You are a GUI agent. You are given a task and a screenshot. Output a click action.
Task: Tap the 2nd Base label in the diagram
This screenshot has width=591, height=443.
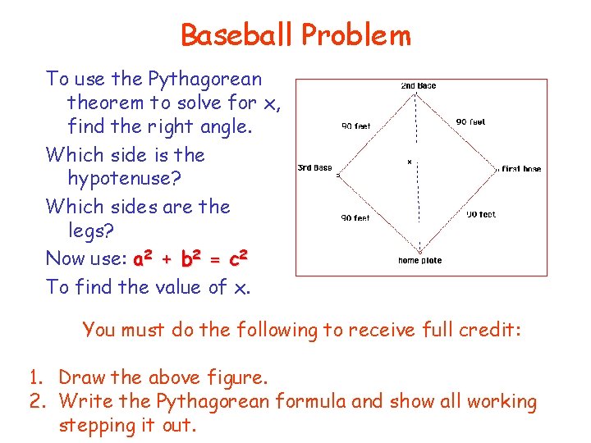pos(419,85)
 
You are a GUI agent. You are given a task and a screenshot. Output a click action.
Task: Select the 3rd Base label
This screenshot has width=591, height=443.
pos(314,168)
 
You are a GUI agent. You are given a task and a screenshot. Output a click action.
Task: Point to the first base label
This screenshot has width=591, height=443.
pos(521,169)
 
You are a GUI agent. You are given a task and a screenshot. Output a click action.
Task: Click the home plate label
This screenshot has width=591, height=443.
pos(420,261)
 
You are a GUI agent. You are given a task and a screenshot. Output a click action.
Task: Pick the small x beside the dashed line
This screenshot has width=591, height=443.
pos(410,162)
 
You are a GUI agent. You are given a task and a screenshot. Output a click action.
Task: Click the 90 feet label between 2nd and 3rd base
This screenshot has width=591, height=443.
pos(356,126)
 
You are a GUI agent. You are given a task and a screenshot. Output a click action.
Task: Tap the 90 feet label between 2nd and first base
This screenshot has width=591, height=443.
pos(470,121)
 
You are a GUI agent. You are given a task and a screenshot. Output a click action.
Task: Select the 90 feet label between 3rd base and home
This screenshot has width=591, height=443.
pos(356,218)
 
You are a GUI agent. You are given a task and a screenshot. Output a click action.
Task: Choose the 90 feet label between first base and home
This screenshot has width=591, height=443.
pos(481,214)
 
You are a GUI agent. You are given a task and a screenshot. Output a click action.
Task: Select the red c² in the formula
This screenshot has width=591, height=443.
pos(238,259)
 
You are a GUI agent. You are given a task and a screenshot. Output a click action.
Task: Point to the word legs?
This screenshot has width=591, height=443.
pos(94,231)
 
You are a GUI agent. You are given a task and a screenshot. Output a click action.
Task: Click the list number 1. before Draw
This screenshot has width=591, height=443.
pos(37,378)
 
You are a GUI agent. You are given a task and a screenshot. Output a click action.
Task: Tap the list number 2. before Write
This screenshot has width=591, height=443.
pos(38,402)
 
